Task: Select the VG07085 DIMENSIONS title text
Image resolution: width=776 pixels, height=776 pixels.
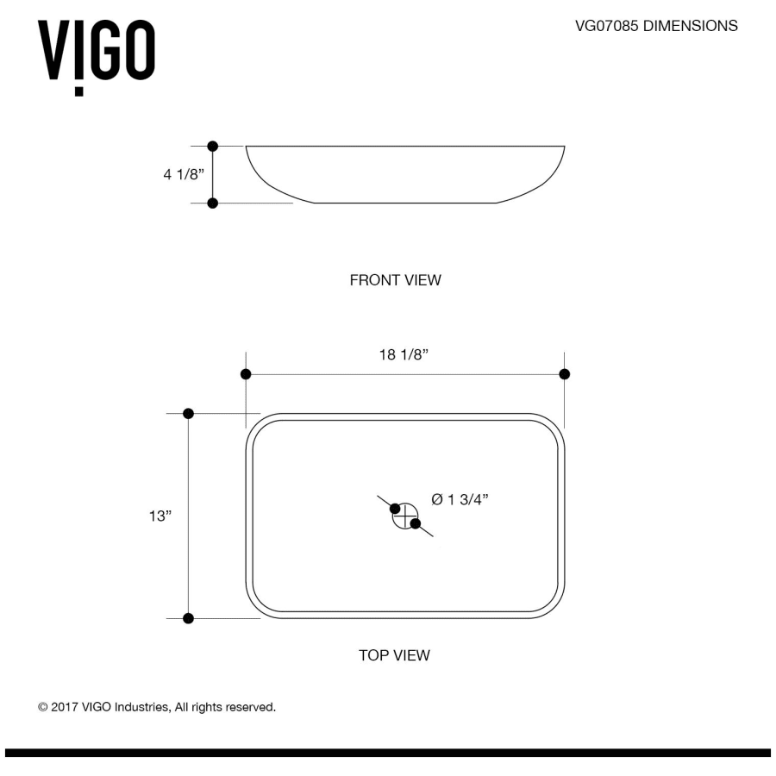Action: pos(656,26)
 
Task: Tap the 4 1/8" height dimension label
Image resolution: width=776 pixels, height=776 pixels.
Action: pos(184,174)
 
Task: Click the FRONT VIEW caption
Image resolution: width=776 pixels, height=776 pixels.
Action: pos(395,280)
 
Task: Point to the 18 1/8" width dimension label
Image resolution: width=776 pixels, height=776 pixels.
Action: pos(404,355)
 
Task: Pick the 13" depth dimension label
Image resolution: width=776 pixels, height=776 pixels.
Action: pos(160,516)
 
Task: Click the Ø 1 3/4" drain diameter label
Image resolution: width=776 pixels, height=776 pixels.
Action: pos(460,499)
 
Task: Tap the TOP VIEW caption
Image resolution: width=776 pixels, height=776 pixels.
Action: pos(394,655)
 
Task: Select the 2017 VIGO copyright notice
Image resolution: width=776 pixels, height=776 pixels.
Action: pos(157,707)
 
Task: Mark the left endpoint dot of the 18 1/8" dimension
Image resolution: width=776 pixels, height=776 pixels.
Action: pos(246,374)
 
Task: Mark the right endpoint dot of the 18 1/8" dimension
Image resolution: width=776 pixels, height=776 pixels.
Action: pos(565,374)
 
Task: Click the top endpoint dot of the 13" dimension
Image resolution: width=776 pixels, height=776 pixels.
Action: pos(189,414)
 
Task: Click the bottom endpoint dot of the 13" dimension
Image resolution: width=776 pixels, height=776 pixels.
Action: pos(189,618)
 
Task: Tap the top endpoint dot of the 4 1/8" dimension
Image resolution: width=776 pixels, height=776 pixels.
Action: pos(213,147)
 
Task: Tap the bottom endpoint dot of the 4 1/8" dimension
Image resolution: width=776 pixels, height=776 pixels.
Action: pos(213,203)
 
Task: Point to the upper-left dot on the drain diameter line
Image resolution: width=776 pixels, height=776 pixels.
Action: pos(395,508)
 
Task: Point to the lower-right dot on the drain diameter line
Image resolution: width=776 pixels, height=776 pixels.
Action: pos(416,523)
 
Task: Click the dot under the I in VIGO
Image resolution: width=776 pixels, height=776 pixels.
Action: pos(79,91)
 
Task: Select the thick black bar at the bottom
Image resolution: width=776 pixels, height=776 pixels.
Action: pos(388,753)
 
